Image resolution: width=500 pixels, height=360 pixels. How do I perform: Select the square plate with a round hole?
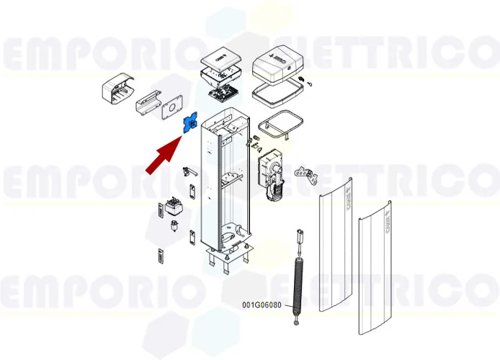(174, 109)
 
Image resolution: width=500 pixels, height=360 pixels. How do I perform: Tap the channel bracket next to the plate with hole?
(148, 102)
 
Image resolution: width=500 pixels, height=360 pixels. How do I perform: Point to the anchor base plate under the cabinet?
(229, 258)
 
